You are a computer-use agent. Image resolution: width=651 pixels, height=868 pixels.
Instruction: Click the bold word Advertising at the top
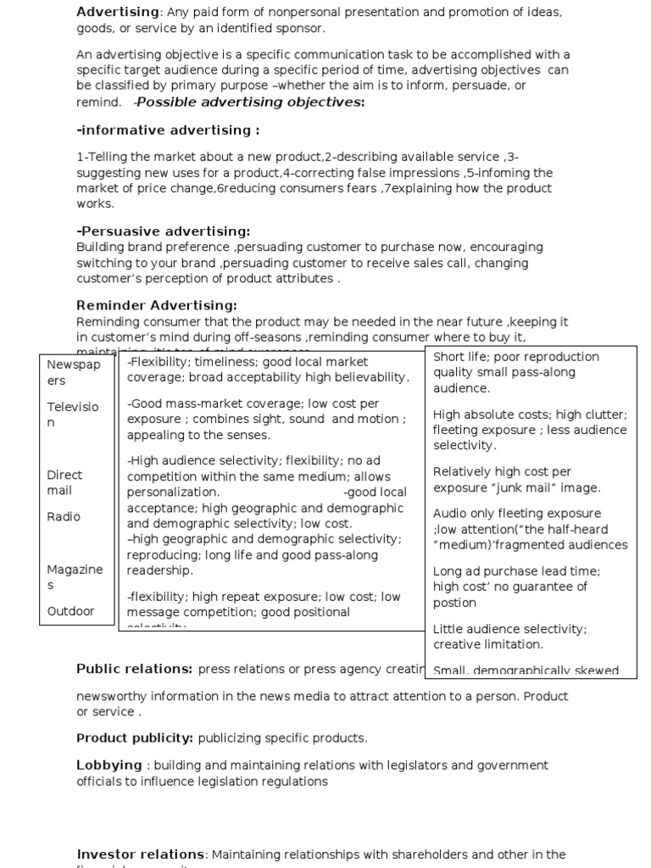coord(118,12)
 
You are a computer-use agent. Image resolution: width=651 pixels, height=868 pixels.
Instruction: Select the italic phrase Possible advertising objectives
coord(249,103)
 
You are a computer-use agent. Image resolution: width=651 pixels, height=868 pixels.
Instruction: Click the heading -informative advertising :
coord(168,131)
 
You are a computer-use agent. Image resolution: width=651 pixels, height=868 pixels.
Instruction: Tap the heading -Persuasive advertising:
coord(164,231)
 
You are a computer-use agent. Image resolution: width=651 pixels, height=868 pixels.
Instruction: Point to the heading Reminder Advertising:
coord(157,305)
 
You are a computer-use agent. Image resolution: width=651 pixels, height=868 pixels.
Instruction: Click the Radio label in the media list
coord(64,517)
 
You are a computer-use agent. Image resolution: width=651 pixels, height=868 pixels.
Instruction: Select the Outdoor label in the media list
coord(70,611)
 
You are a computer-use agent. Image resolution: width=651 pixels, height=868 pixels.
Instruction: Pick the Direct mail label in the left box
coord(64,482)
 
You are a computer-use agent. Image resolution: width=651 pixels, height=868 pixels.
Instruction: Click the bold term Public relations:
coord(135,670)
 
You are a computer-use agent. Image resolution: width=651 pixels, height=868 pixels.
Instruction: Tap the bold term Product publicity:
coord(135,738)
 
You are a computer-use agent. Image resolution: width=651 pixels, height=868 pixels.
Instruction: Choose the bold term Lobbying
coord(109,765)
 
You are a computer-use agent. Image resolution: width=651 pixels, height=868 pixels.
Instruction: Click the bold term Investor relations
coord(140,854)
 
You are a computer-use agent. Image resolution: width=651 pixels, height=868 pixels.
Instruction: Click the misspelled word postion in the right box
coord(454,603)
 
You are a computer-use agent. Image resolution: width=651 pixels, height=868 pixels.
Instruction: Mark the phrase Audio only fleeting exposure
coord(516,514)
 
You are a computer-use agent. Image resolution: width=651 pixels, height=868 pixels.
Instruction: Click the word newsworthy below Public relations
coord(112,696)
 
